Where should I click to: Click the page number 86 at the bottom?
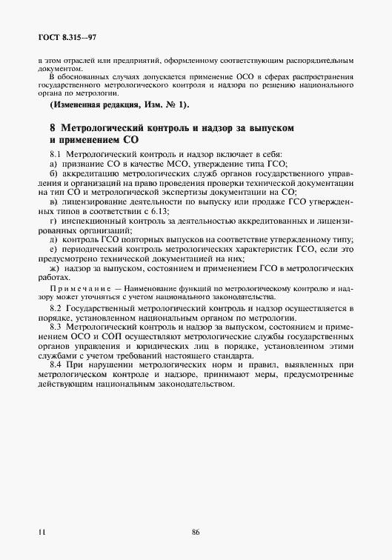pos(196,531)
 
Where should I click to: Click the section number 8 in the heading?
pos(52,128)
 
